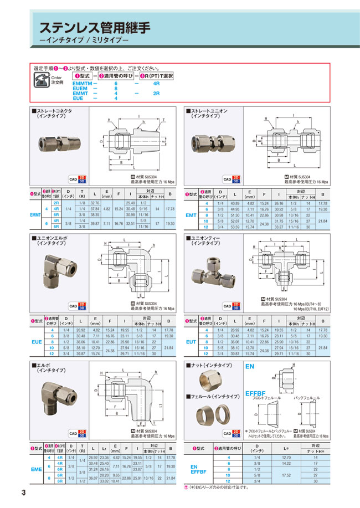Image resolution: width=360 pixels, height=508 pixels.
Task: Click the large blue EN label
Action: click(250, 367)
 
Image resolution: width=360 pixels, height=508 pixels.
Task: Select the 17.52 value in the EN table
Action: click(286, 475)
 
